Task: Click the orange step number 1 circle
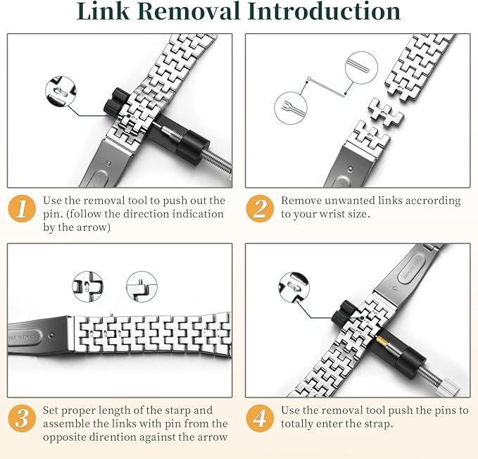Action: pos(22,208)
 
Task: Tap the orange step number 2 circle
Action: pos(260,208)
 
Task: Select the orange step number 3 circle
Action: pos(22,418)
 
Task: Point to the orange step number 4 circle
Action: pos(260,418)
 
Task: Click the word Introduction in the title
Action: pos(325,11)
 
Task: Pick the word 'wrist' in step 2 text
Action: pos(332,214)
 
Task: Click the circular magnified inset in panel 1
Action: pos(61,92)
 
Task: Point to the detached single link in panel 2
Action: pos(386,113)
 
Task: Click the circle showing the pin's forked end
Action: pos(291,108)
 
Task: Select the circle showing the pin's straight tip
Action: pos(361,68)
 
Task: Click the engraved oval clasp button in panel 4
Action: pos(411,268)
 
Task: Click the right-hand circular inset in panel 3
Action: pos(141,287)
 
